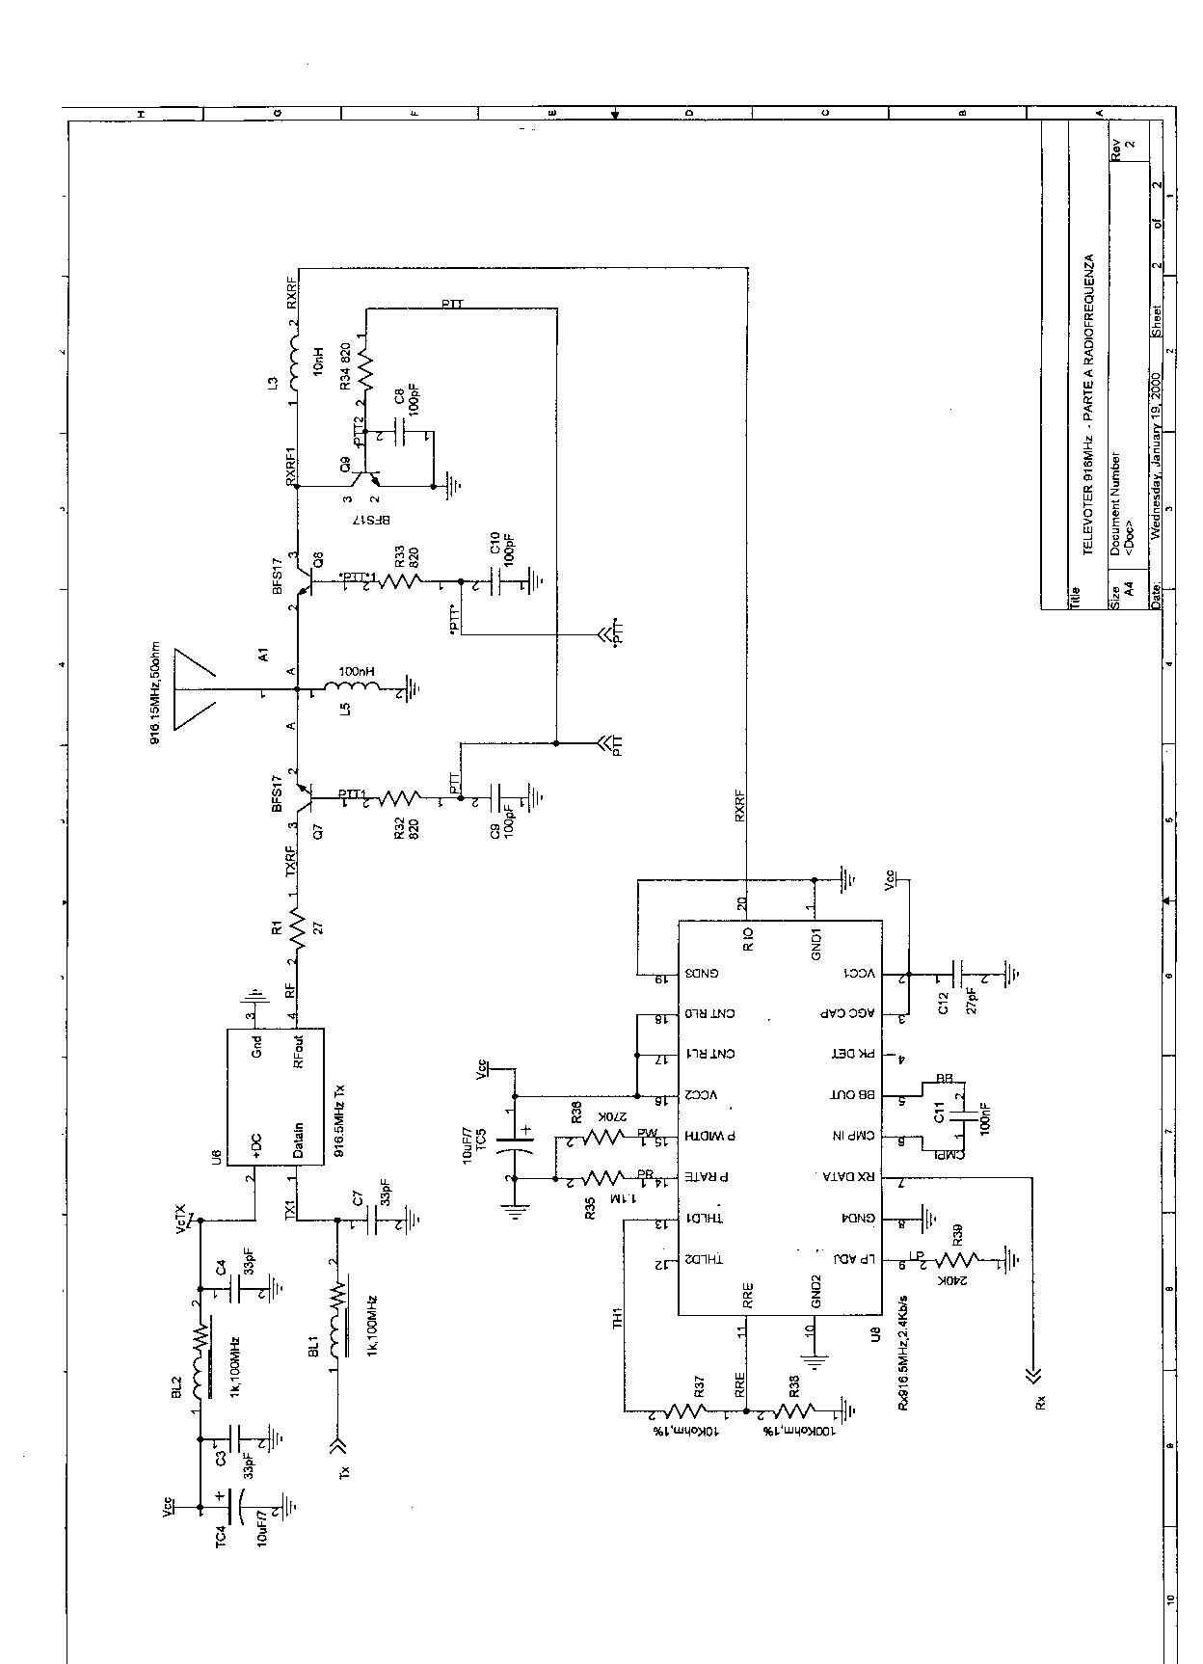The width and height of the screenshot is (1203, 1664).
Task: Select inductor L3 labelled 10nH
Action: point(297,364)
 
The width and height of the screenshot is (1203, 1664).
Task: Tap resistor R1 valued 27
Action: point(297,930)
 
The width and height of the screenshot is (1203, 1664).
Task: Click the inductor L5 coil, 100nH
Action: point(355,690)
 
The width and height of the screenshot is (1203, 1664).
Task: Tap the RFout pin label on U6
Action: point(299,1052)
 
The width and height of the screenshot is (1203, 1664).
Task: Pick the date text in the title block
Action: point(1156,453)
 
